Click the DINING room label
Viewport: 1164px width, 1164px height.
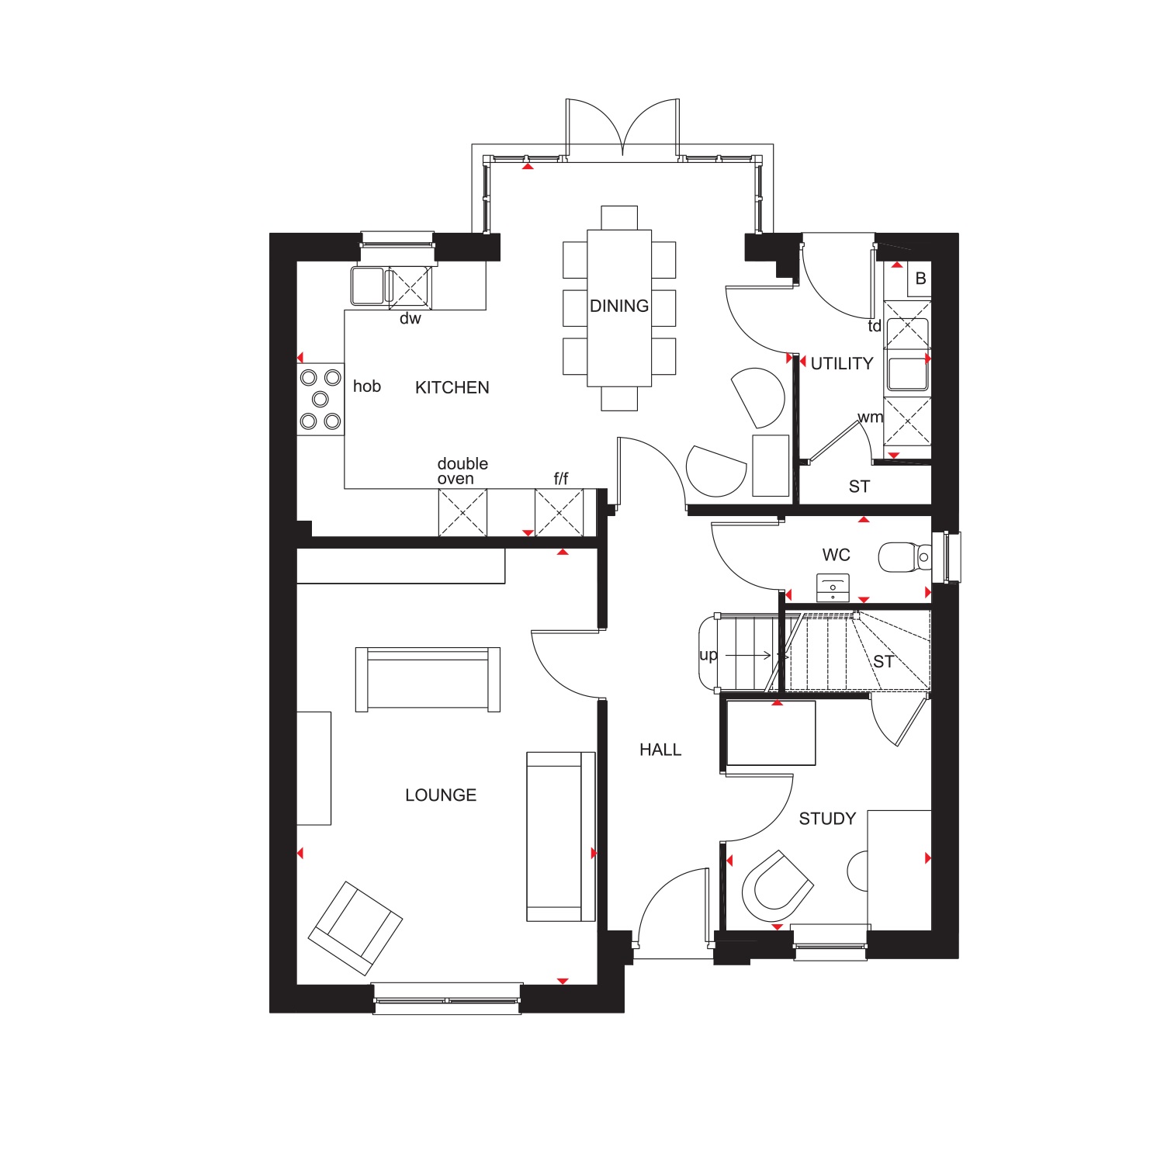click(619, 306)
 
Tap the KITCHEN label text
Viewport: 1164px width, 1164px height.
click(452, 387)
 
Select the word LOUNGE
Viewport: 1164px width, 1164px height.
click(441, 795)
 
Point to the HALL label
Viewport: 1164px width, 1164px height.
click(660, 750)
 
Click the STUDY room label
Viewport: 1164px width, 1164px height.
click(827, 819)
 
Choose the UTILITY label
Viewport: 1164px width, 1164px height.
click(842, 363)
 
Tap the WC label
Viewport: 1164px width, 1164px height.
click(837, 555)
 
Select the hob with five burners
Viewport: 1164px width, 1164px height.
click(320, 399)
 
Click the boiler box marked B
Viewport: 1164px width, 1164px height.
click(920, 279)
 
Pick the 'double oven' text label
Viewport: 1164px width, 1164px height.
click(462, 471)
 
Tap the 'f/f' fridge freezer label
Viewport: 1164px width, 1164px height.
click(561, 479)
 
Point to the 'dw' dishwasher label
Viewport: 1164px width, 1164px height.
click(411, 318)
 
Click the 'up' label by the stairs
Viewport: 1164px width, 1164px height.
click(708, 655)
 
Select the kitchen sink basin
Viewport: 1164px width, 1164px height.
click(368, 286)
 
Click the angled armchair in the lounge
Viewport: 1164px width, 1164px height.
click(355, 927)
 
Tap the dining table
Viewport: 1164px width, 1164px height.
click(619, 308)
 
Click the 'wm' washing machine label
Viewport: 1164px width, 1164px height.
click(870, 417)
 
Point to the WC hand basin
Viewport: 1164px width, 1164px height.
click(833, 587)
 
